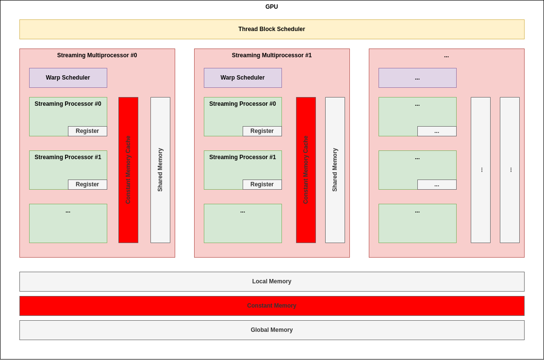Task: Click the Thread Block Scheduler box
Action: click(272, 29)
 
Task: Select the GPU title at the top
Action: click(272, 7)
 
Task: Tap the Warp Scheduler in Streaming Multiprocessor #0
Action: click(68, 78)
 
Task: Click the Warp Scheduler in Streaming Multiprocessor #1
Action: click(243, 78)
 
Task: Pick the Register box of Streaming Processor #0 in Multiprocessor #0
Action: click(87, 131)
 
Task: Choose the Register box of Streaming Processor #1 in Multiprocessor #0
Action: click(87, 184)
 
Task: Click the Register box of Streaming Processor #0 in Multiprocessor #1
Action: click(262, 131)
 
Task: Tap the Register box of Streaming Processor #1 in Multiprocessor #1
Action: click(262, 184)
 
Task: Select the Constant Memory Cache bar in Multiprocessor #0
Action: click(128, 170)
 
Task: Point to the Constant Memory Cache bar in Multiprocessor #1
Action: click(306, 170)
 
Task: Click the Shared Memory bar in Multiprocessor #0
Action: click(160, 170)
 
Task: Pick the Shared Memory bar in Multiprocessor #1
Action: click(335, 170)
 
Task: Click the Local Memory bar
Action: click(272, 281)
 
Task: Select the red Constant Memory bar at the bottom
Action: click(272, 306)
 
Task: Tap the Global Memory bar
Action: click(272, 330)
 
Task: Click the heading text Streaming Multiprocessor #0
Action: click(97, 55)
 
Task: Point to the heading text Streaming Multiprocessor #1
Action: click(272, 55)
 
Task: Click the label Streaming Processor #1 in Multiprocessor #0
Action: click(68, 157)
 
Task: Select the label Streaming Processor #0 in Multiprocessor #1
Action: click(243, 104)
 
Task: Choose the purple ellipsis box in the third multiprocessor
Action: click(417, 78)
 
